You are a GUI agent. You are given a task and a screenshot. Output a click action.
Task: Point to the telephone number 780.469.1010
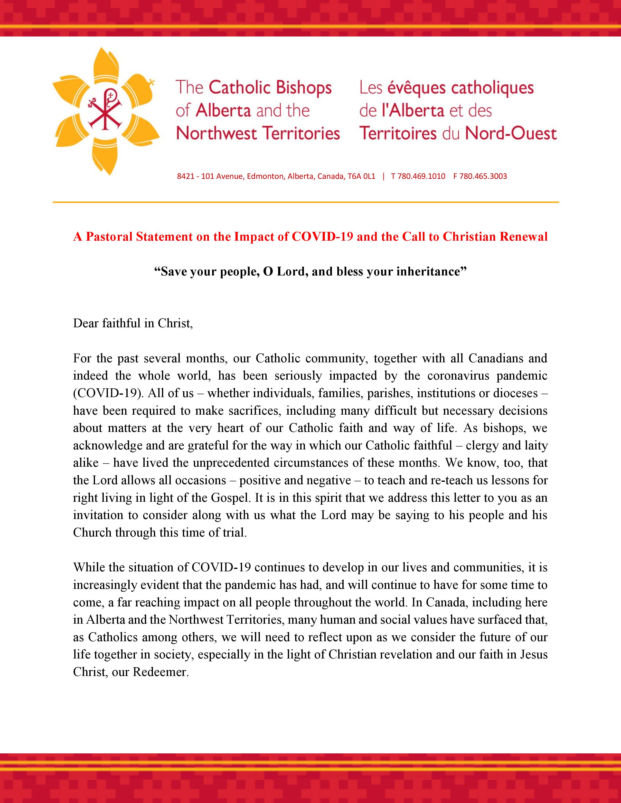pos(421,176)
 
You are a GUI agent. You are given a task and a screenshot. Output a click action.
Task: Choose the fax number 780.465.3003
pos(483,176)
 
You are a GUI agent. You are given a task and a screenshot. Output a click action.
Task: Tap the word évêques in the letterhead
pos(416,88)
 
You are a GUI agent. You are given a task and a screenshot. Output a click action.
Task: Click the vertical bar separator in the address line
pos(383,176)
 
